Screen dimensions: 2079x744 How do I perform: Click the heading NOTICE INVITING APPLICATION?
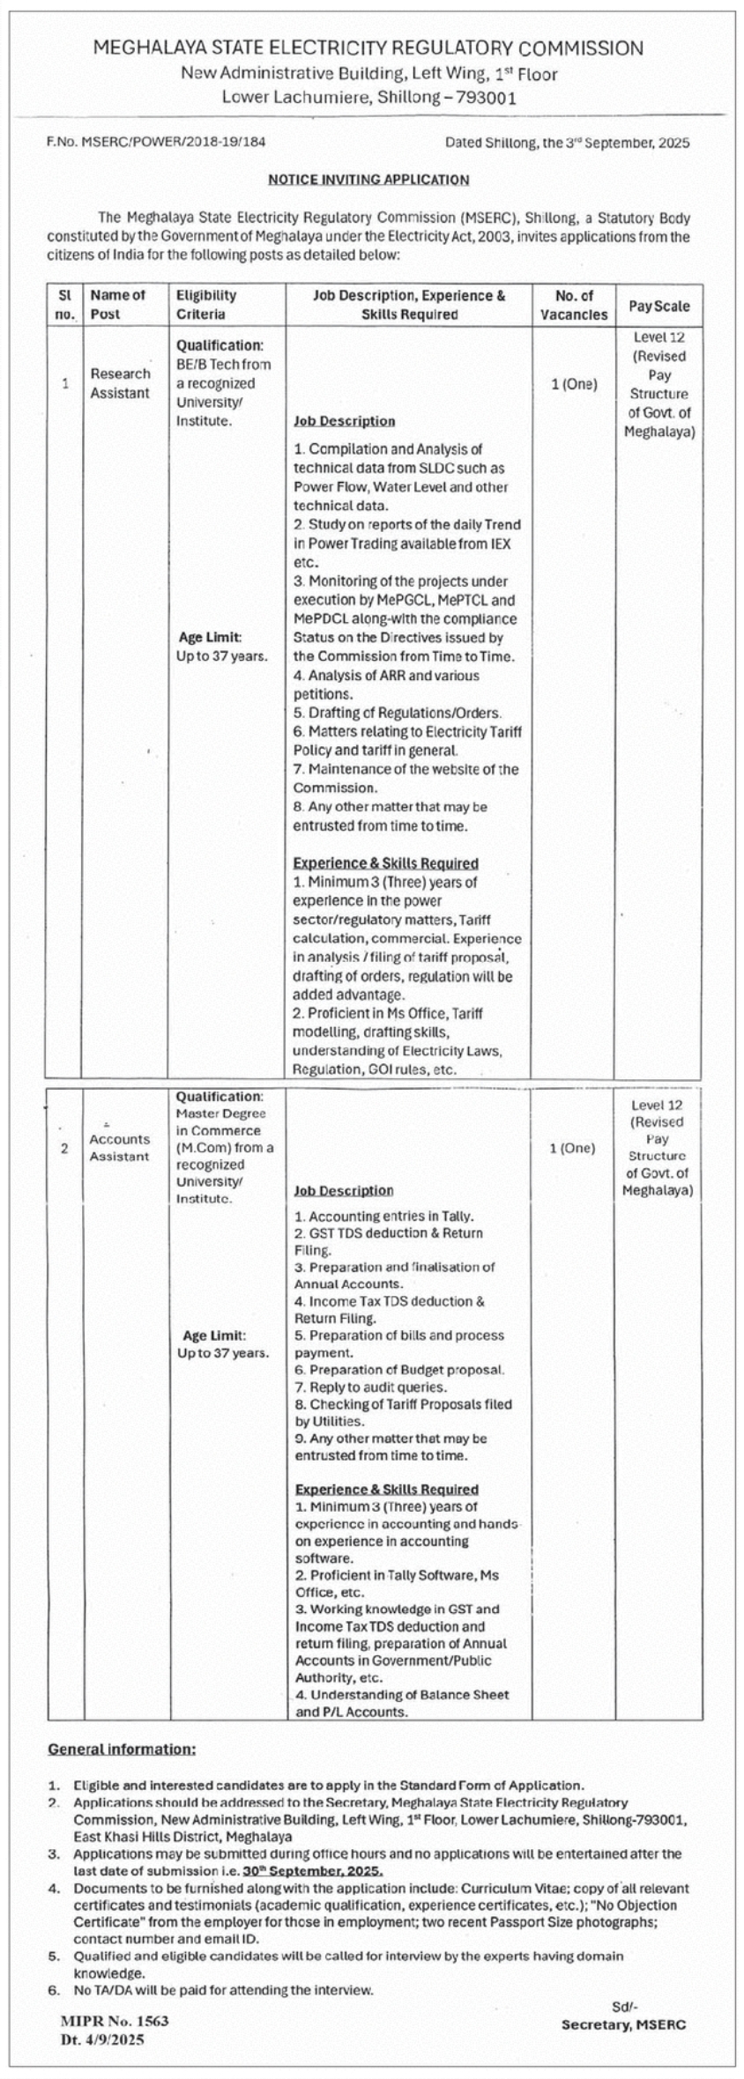click(x=368, y=180)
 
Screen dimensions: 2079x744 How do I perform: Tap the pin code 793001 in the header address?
click(x=484, y=98)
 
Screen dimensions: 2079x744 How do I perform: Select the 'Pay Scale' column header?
click(x=658, y=306)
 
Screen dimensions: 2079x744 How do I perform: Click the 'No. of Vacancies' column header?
click(x=574, y=305)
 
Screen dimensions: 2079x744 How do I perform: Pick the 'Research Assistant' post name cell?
click(x=120, y=383)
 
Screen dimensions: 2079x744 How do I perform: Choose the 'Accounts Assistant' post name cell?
click(x=120, y=1148)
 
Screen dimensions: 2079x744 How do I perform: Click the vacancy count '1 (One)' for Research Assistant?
click(x=574, y=384)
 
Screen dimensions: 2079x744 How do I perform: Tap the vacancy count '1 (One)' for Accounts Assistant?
click(x=572, y=1148)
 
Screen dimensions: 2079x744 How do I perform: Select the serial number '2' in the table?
click(x=64, y=1148)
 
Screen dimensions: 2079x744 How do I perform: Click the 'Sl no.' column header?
click(x=64, y=305)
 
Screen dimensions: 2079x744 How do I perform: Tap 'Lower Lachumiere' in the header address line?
click(x=295, y=98)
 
